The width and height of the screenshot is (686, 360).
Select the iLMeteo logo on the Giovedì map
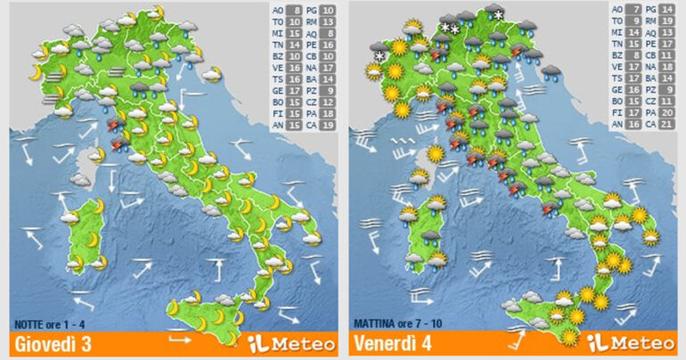(293, 343)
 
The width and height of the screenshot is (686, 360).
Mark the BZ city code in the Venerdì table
(618, 53)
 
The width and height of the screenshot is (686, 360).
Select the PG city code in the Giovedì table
(311, 12)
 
